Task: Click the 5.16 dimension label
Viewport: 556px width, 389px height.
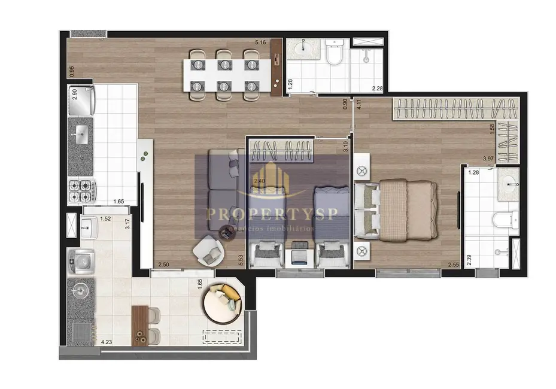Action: click(x=260, y=42)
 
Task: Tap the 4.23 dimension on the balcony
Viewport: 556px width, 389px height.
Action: click(x=107, y=342)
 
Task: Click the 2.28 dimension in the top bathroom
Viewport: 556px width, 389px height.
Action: click(x=377, y=89)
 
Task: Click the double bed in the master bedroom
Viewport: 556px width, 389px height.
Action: click(x=397, y=209)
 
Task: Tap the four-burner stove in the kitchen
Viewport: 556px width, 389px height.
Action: click(x=81, y=191)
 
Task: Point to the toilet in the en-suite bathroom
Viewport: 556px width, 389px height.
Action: click(x=504, y=220)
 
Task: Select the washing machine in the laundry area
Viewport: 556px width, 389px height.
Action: click(x=80, y=259)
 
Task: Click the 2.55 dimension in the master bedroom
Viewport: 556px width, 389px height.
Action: click(x=452, y=264)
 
